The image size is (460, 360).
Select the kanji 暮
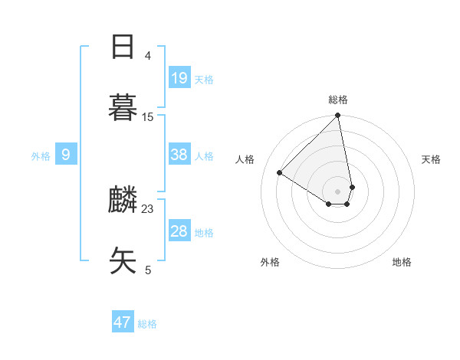click(123, 107)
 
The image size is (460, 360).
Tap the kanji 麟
click(123, 199)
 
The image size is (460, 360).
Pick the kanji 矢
click(123, 260)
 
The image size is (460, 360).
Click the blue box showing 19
click(179, 77)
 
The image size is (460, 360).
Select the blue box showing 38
click(179, 155)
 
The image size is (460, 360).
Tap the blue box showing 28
click(179, 231)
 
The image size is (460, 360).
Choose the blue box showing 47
click(123, 322)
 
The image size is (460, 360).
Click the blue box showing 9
click(66, 155)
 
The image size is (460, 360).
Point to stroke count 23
click(148, 208)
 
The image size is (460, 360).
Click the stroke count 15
click(148, 116)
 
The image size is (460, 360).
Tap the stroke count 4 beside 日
click(148, 55)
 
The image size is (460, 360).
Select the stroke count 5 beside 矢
click(148, 270)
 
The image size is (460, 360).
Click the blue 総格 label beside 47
click(147, 324)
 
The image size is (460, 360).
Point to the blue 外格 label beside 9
click(41, 156)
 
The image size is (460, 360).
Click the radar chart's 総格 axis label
click(338, 100)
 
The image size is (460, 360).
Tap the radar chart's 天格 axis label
click(432, 159)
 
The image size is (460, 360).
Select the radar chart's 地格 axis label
click(402, 262)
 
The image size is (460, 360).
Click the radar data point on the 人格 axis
click(280, 173)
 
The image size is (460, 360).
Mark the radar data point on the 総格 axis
click(338, 116)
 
